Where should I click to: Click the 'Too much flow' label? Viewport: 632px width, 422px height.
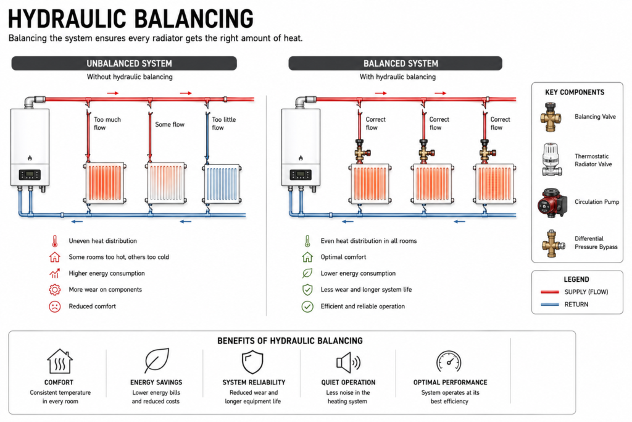(x=107, y=124)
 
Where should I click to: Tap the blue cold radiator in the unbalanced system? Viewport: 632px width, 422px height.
(x=223, y=184)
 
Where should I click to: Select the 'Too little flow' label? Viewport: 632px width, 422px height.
(x=223, y=124)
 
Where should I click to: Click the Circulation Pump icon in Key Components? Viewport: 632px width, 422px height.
(x=552, y=203)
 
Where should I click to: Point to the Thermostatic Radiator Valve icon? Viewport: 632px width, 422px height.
(x=551, y=159)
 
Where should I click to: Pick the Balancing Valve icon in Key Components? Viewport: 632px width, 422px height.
(x=551, y=117)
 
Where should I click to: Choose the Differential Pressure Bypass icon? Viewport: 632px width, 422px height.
(x=552, y=243)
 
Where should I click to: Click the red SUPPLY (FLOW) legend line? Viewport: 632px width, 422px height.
(x=550, y=292)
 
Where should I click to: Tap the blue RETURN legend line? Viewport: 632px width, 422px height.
(x=550, y=304)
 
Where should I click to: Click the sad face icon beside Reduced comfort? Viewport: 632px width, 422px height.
(x=55, y=306)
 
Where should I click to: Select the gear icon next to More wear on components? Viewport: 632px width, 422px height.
(x=55, y=290)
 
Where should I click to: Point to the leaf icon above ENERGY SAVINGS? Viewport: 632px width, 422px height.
(x=157, y=360)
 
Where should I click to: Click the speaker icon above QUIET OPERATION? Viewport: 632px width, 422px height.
(x=348, y=363)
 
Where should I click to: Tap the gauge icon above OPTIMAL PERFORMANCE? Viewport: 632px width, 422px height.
(x=449, y=361)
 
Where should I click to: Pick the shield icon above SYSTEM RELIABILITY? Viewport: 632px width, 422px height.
(x=252, y=362)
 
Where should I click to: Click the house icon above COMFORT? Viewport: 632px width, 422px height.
(x=60, y=361)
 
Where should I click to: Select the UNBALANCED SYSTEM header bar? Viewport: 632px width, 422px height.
(x=124, y=64)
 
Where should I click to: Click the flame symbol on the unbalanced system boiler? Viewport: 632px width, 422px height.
(x=30, y=158)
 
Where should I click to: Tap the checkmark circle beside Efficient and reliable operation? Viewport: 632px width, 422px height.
(x=307, y=306)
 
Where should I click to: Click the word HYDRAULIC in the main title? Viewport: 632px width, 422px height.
(x=67, y=19)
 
